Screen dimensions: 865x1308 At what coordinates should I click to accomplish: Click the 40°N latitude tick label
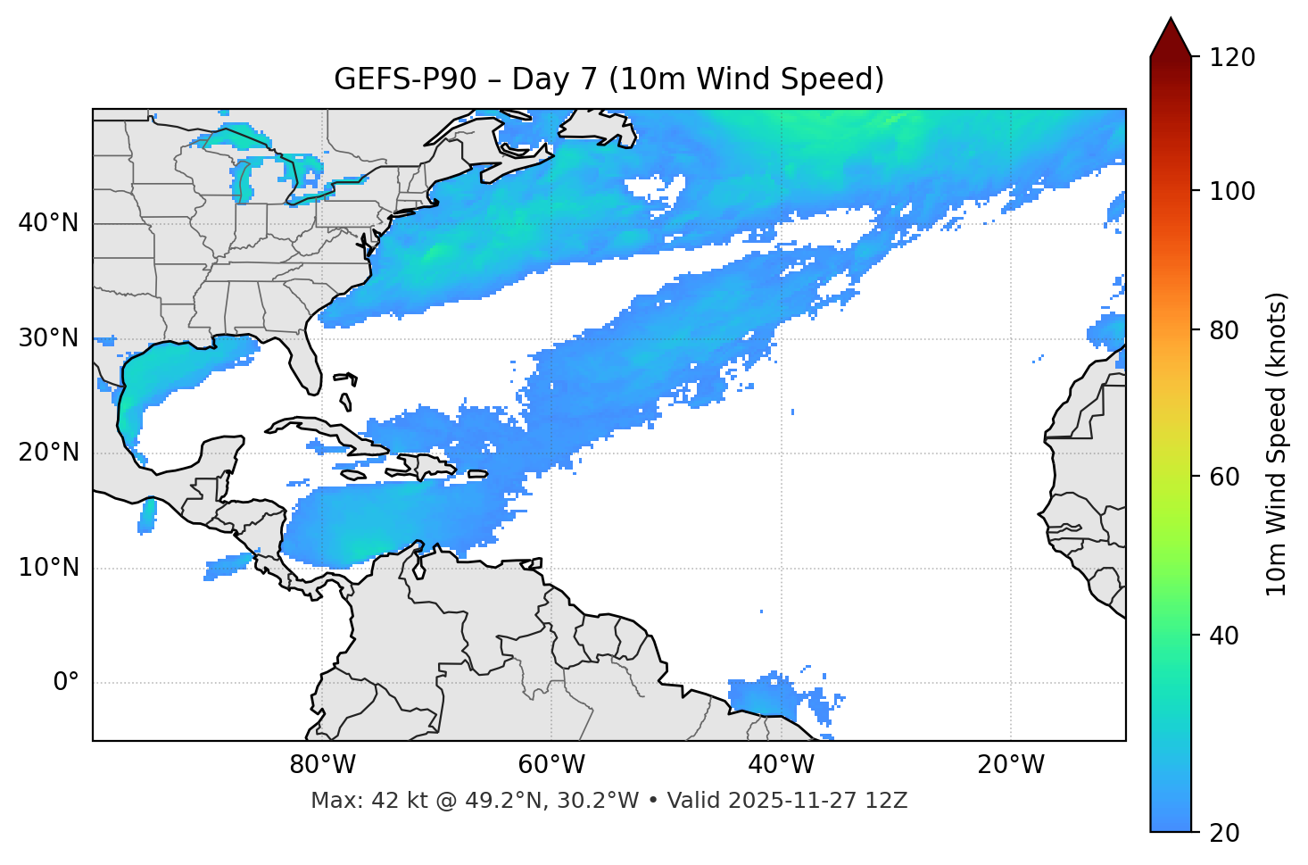(48, 223)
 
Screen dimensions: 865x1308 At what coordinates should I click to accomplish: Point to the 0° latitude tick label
(66, 683)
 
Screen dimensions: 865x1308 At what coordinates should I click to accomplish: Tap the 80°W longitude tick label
(322, 765)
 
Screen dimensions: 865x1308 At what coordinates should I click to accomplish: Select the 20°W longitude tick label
(1011, 765)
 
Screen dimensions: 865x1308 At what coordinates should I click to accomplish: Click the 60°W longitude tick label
(551, 765)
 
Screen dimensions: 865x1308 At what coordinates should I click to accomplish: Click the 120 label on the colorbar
(1232, 58)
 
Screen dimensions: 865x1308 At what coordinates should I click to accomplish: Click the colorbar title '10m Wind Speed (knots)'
(1277, 444)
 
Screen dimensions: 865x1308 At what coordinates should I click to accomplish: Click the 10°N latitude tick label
(48, 568)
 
